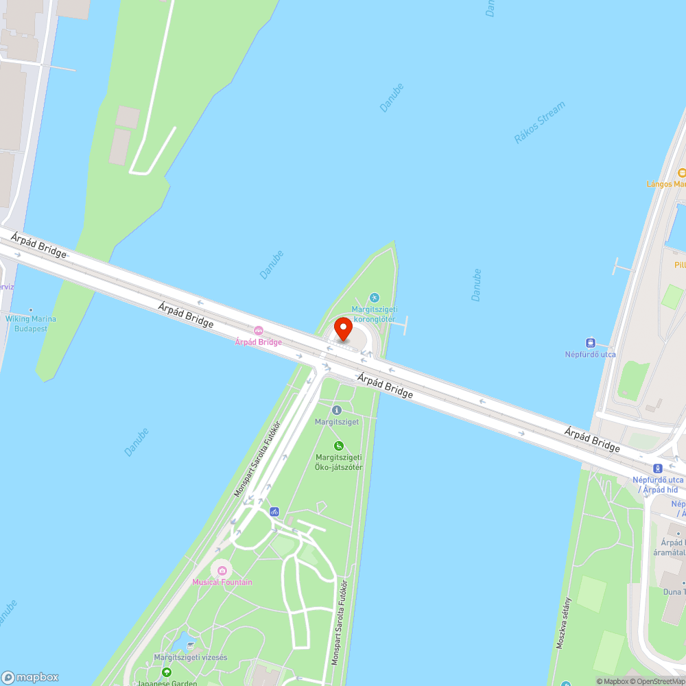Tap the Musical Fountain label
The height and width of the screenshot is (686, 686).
[x=222, y=582]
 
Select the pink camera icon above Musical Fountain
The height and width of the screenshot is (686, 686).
[x=222, y=570]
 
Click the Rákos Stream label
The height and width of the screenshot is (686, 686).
[x=540, y=123]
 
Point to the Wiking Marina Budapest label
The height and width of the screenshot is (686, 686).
[x=31, y=323]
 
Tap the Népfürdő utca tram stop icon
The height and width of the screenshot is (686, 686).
[x=590, y=342]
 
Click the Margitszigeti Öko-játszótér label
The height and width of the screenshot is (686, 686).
[x=339, y=462]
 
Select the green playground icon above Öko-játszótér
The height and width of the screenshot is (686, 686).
[x=338, y=446]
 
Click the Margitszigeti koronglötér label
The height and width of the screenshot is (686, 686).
[x=373, y=314]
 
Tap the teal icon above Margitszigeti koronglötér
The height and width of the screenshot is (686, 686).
[x=374, y=297]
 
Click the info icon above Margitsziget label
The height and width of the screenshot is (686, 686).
[x=336, y=410]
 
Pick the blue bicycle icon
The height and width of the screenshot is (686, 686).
[x=274, y=511]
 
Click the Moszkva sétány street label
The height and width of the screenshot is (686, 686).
[x=564, y=623]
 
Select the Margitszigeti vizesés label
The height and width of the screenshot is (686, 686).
[x=191, y=657]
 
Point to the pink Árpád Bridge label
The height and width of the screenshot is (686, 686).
[x=258, y=342]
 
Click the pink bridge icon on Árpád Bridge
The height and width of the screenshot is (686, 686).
[x=259, y=331]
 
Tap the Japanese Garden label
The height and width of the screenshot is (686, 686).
[x=167, y=683]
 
